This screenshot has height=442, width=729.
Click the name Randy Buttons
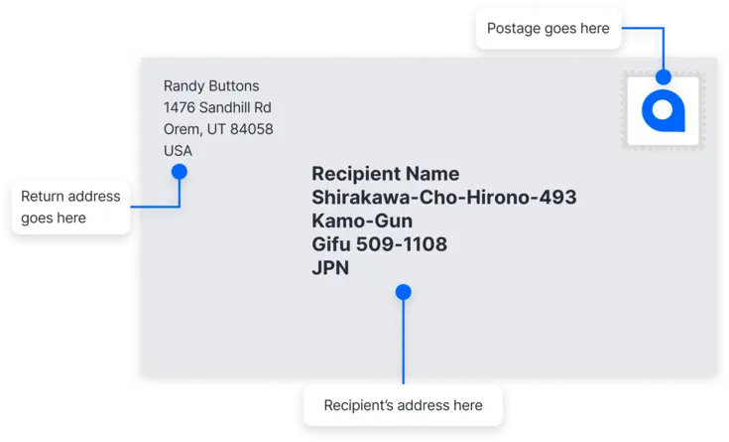pos(211,86)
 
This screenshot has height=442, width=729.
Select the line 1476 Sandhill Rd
pos(217,107)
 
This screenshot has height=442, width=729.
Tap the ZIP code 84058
pos(252,129)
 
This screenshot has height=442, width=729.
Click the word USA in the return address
pos(178,151)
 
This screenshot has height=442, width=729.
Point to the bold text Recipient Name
pos(386,174)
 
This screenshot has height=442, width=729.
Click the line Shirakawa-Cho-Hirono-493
pos(444,197)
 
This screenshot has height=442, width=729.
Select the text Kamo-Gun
pos(362,221)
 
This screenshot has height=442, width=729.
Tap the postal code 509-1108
pos(402,244)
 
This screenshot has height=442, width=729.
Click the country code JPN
pos(330,268)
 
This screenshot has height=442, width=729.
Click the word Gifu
pos(331,244)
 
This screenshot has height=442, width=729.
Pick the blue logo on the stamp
pos(663,111)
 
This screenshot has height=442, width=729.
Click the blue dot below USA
pos(179,172)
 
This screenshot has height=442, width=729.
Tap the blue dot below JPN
pos(403,292)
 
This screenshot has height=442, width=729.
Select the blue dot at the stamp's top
pos(664,76)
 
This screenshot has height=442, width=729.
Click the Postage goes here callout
pos(548,29)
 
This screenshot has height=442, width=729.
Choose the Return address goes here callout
pos(70,208)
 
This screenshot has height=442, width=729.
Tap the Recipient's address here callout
pos(403,405)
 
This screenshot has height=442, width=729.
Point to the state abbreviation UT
pos(216,129)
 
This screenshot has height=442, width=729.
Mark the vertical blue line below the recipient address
pos(403,342)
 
